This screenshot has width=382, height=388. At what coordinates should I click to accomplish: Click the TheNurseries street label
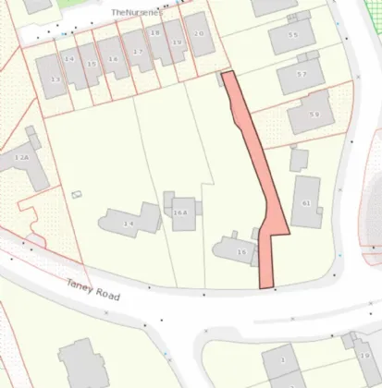[136, 12]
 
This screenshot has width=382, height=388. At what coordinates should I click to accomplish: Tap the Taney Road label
[93, 287]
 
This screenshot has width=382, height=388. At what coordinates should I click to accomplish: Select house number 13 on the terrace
[55, 80]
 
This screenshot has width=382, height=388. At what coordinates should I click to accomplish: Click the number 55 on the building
[292, 35]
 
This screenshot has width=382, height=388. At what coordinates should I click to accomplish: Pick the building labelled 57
[301, 74]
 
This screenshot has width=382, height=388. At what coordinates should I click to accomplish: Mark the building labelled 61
[306, 203]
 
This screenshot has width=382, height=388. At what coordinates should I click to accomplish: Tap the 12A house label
[21, 158]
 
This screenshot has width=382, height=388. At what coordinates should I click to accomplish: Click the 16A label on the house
[180, 212]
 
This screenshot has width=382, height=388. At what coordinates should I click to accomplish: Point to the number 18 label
[154, 32]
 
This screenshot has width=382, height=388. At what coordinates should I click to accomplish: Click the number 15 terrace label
[91, 64]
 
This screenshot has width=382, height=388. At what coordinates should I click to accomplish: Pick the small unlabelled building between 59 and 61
[298, 159]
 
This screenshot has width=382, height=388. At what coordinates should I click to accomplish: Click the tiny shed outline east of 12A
[75, 194]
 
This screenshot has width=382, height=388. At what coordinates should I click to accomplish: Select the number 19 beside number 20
[177, 42]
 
